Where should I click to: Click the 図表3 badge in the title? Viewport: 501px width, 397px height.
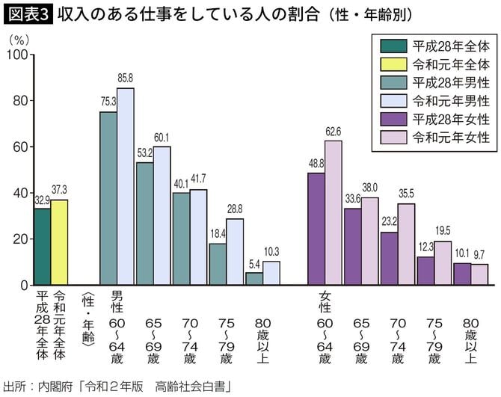tap(27, 14)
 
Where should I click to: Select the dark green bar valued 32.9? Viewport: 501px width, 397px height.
tap(43, 247)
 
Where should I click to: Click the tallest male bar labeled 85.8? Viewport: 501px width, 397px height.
tap(125, 187)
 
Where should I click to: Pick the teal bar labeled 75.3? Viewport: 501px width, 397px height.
tap(108, 198)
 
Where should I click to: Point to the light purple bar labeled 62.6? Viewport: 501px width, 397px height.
tap(333, 213)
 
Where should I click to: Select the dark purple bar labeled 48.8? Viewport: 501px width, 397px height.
tap(316, 229)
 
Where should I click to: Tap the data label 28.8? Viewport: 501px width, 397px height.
tap(236, 209)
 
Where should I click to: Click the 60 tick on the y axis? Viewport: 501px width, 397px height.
tap(19, 147)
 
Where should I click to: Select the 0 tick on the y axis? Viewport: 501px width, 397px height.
tap(22, 285)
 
